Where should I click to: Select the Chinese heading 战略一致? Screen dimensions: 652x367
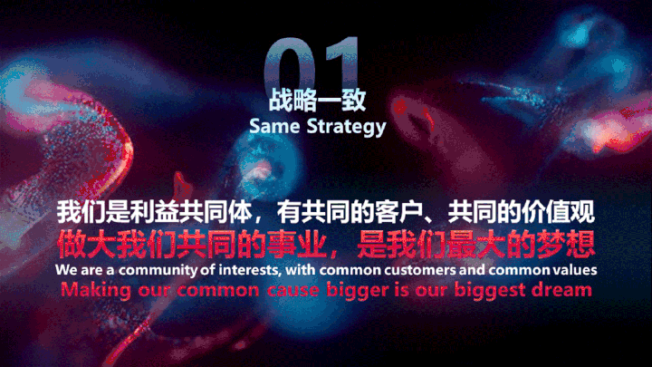pyautogui.click(x=317, y=100)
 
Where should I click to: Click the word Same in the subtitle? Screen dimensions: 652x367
pyautogui.click(x=274, y=126)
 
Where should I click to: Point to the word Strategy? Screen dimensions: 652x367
pyautogui.click(x=346, y=127)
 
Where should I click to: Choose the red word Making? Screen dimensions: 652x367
pyautogui.click(x=96, y=291)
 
